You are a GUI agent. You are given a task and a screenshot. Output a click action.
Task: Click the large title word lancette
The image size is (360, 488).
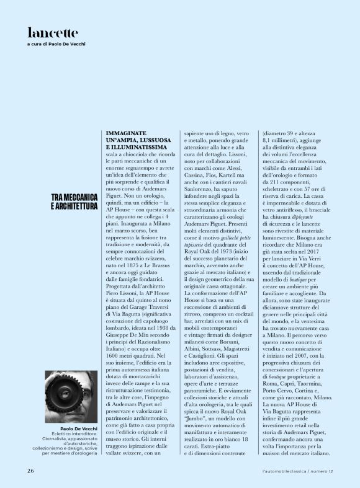point(53,32)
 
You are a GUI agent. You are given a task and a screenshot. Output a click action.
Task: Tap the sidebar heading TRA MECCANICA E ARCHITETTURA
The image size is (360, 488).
point(73,201)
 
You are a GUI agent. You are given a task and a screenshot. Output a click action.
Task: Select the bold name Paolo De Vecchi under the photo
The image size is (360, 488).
point(79,428)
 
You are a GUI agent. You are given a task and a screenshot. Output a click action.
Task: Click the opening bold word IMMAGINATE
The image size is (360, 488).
point(127,133)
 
